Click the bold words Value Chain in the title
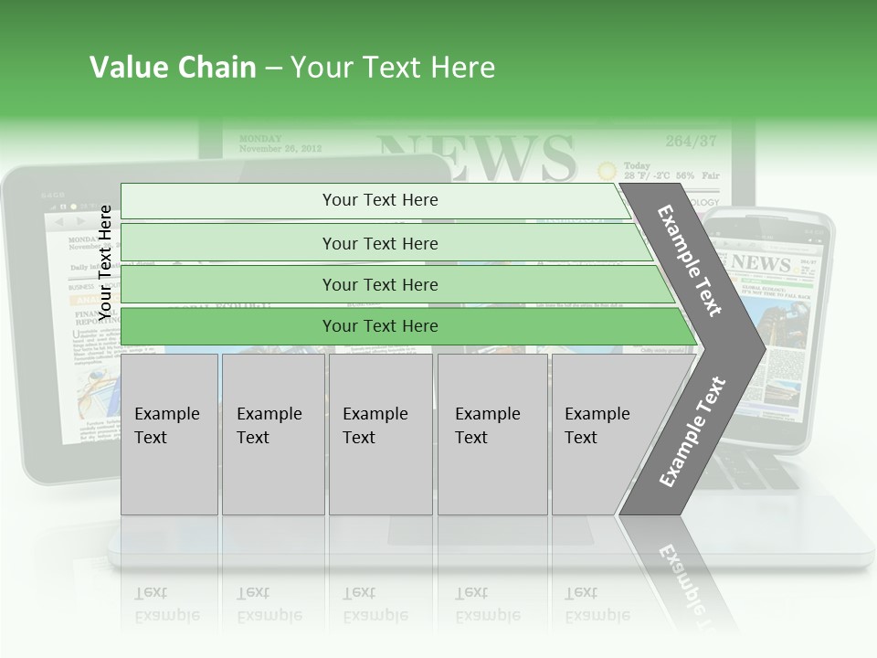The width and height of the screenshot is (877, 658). (x=173, y=68)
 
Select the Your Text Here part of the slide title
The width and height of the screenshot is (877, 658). (x=393, y=68)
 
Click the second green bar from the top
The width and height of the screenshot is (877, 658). (x=379, y=243)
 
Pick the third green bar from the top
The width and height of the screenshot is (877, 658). (x=379, y=284)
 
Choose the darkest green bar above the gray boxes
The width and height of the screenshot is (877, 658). (x=379, y=326)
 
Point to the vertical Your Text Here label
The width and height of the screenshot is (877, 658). (x=106, y=262)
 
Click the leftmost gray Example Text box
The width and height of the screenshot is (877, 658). (x=169, y=434)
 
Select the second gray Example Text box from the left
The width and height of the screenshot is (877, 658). (x=272, y=434)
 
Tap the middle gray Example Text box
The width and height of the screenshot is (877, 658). (x=380, y=434)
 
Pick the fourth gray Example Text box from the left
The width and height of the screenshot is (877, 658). (x=491, y=434)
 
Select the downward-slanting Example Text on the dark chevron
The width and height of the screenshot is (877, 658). (x=690, y=260)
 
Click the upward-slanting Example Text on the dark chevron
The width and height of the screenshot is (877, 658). (x=692, y=432)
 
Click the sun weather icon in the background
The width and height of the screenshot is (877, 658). (x=606, y=171)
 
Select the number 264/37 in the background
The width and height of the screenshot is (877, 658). (x=691, y=142)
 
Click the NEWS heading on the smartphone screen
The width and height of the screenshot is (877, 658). (x=760, y=263)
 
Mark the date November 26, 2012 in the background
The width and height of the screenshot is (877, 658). (x=280, y=148)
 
